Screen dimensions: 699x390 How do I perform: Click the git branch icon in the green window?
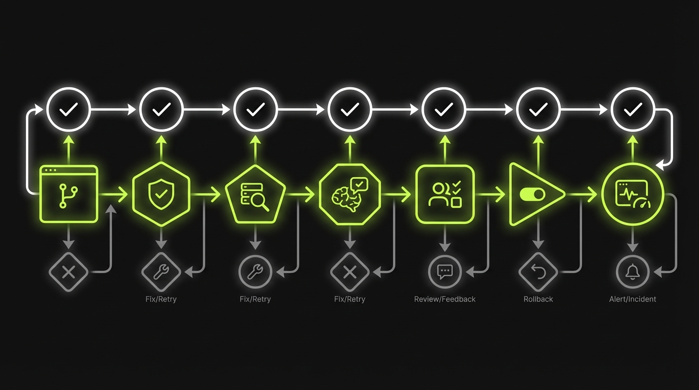(67, 196)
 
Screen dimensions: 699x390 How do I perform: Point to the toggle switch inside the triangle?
(532, 195)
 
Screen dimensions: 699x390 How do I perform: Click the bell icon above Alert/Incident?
(632, 272)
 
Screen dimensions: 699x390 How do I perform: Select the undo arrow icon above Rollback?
(538, 272)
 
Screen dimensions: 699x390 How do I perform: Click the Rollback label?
(538, 299)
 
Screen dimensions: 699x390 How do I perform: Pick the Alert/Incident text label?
(632, 299)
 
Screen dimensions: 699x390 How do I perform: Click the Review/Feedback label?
(444, 299)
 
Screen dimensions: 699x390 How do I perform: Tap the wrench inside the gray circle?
(256, 272)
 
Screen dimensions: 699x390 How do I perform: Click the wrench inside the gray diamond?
(161, 272)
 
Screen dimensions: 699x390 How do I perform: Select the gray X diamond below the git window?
(69, 272)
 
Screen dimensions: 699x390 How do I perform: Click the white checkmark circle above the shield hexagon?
(161, 109)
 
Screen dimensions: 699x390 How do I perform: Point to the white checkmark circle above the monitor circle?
(632, 109)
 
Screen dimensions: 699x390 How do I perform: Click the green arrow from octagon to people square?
(395, 194)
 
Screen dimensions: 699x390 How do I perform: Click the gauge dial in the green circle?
(642, 203)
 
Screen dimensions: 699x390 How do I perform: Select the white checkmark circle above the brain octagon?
(350, 109)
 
